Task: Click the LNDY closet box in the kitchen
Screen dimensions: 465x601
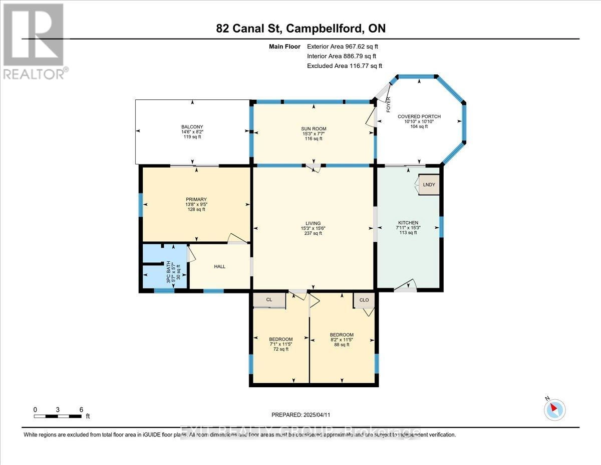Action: tap(429, 185)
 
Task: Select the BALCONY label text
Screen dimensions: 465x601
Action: tap(192, 126)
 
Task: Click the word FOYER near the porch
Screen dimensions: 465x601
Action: tap(388, 104)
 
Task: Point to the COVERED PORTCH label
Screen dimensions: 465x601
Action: tap(419, 116)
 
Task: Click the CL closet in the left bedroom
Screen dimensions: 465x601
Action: tap(269, 299)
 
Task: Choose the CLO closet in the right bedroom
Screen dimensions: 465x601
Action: tap(364, 300)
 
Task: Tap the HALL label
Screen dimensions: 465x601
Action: tap(220, 266)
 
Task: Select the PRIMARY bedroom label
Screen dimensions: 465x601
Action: tap(196, 199)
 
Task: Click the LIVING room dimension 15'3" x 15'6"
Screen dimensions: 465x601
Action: tap(314, 229)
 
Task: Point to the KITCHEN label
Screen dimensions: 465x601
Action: tap(408, 223)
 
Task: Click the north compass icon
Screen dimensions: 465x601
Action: tap(554, 408)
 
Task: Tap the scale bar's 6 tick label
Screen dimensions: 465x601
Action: tap(81, 409)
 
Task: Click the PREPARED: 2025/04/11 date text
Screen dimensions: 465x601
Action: tap(301, 415)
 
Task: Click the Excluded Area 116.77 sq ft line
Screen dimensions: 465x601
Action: tap(344, 66)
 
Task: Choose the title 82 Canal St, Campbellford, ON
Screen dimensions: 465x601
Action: tap(301, 29)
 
